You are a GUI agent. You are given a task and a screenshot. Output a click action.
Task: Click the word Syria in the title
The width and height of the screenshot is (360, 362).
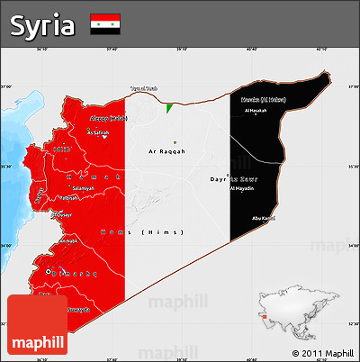click(x=42, y=26)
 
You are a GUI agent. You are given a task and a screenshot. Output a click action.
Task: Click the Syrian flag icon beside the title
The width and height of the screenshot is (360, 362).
click(x=106, y=24)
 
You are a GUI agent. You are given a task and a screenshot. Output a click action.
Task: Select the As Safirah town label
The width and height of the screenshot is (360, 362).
click(x=97, y=133)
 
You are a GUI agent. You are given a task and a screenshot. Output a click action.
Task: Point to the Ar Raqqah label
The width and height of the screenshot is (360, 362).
click(x=166, y=151)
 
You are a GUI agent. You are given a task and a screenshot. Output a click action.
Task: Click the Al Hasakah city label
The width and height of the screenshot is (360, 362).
click(x=256, y=111)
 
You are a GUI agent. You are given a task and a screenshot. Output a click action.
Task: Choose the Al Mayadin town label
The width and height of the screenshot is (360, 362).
click(x=242, y=189)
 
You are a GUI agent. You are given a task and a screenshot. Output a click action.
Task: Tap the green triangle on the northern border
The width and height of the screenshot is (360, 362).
click(x=168, y=108)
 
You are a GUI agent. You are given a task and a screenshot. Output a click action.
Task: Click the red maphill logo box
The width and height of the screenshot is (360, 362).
click(x=37, y=325)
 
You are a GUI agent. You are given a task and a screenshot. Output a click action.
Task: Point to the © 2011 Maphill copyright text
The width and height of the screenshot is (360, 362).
click(x=322, y=353)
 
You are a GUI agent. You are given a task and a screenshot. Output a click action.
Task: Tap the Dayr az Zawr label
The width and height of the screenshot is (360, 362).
click(x=241, y=179)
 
